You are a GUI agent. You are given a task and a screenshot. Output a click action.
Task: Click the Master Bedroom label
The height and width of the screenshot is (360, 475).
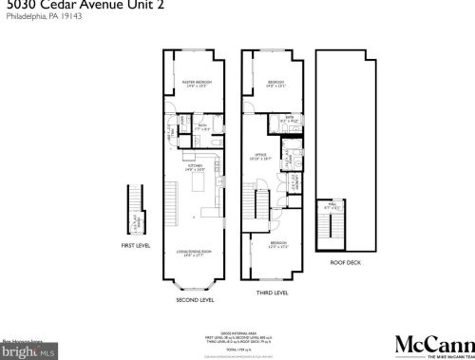tap(198, 85)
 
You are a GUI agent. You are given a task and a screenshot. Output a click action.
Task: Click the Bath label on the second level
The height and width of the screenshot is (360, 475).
tap(202, 126)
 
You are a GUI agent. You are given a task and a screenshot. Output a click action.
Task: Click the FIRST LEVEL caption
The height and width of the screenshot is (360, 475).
tap(136, 244)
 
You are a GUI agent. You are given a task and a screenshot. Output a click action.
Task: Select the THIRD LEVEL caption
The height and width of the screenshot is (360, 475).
tap(274, 294)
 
